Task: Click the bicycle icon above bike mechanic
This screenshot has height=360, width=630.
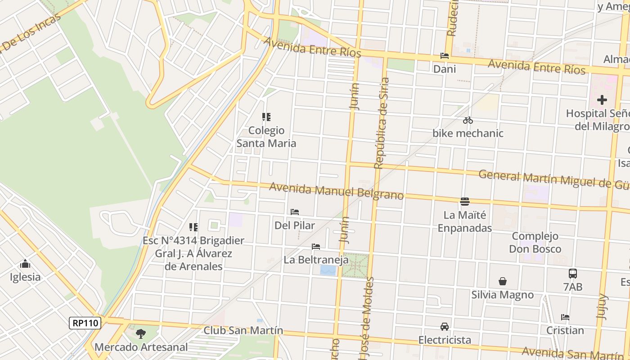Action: tap(468, 120)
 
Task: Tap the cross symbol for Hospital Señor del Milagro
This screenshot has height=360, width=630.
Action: tap(602, 100)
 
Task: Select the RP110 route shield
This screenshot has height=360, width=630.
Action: tap(85, 323)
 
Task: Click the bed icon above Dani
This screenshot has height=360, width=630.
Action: tap(444, 56)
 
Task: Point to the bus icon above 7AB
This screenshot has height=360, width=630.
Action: tap(572, 273)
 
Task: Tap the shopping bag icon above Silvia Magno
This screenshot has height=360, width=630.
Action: tap(502, 282)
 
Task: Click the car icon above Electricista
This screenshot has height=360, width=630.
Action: tap(444, 326)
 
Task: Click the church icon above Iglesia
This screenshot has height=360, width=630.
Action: tap(25, 264)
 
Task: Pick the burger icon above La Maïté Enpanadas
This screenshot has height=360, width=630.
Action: tap(464, 202)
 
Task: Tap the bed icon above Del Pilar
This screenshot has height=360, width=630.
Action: tap(295, 212)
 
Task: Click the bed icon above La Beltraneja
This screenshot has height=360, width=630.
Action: tap(316, 247)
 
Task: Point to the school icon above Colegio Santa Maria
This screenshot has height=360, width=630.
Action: tap(266, 117)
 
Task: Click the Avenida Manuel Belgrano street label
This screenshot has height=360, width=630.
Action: tap(336, 190)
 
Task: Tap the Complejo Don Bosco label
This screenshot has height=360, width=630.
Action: tap(535, 243)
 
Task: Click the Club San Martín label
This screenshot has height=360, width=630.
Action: tap(243, 330)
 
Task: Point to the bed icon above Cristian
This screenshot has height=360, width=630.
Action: tap(565, 317)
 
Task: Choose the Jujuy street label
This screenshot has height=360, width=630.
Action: tap(602, 306)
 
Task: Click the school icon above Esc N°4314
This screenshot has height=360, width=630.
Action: tap(193, 227)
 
